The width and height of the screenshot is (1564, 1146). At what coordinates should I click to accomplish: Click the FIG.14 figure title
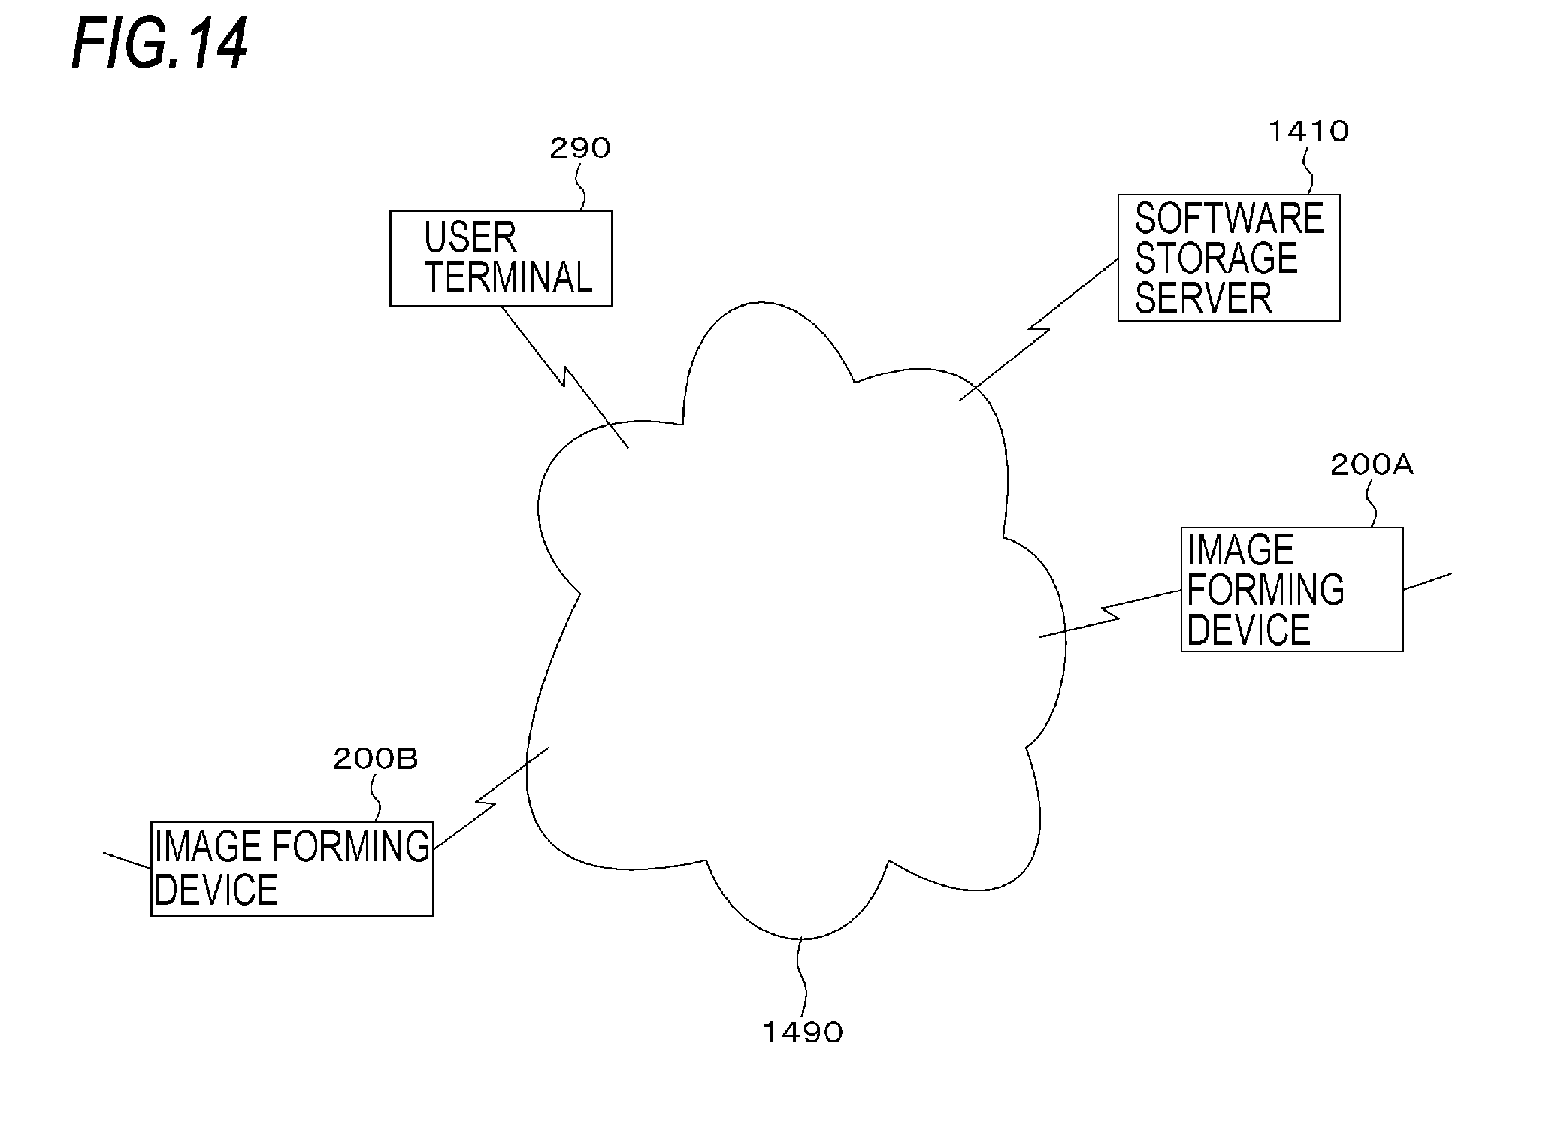(159, 45)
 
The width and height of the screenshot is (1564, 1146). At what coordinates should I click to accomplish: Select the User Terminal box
(501, 259)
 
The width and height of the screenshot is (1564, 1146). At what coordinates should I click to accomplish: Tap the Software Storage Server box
(1228, 258)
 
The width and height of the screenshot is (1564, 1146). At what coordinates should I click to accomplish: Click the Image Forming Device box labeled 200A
(1291, 589)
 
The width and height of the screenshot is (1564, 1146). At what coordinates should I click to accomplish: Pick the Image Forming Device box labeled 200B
(292, 868)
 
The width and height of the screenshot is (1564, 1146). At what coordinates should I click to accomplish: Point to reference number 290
(579, 149)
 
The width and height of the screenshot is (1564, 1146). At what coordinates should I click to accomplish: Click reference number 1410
(1308, 132)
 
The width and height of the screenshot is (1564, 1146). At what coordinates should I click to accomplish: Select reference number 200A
(1372, 466)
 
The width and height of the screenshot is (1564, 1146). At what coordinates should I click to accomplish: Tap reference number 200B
(375, 759)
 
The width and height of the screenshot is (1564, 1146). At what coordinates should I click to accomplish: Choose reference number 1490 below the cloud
(803, 1033)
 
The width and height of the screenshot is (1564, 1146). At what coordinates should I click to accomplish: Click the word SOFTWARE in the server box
(1229, 219)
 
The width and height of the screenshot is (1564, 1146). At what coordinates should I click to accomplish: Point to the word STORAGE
(1216, 259)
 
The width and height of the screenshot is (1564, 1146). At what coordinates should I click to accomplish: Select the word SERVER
(1203, 298)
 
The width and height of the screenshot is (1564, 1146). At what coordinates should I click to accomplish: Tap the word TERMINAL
(509, 277)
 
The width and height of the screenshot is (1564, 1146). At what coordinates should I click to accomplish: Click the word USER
(470, 237)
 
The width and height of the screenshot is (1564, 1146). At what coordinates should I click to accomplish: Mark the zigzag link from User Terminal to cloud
(564, 376)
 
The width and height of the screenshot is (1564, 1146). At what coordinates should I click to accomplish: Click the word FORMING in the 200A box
(1266, 589)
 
